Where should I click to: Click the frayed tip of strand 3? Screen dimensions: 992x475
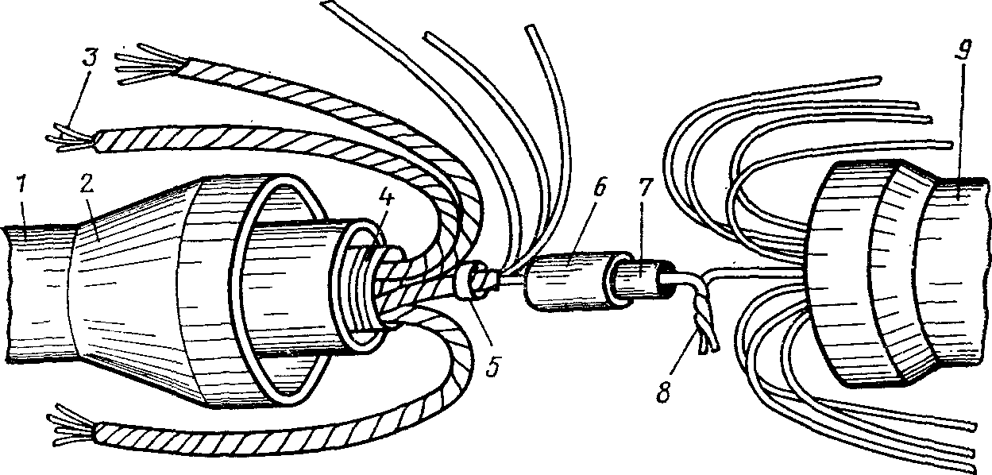pyautogui.click(x=71, y=137)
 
